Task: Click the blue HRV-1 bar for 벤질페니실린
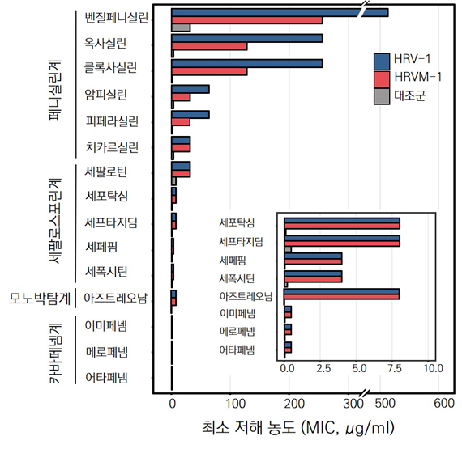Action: point(276,12)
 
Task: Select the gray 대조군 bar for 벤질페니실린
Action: point(181,28)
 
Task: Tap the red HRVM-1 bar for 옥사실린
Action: point(209,46)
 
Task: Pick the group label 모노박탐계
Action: point(40,299)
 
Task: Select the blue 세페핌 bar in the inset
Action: point(313,256)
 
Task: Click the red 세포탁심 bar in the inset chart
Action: point(341,226)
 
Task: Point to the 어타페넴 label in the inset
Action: point(237,349)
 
